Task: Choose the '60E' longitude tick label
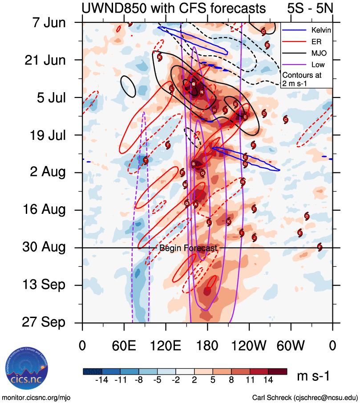point(124,346)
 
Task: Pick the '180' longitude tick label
point(207,346)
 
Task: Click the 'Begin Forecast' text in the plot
point(188,248)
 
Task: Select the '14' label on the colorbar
point(269,382)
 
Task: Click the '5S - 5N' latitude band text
point(308,8)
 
